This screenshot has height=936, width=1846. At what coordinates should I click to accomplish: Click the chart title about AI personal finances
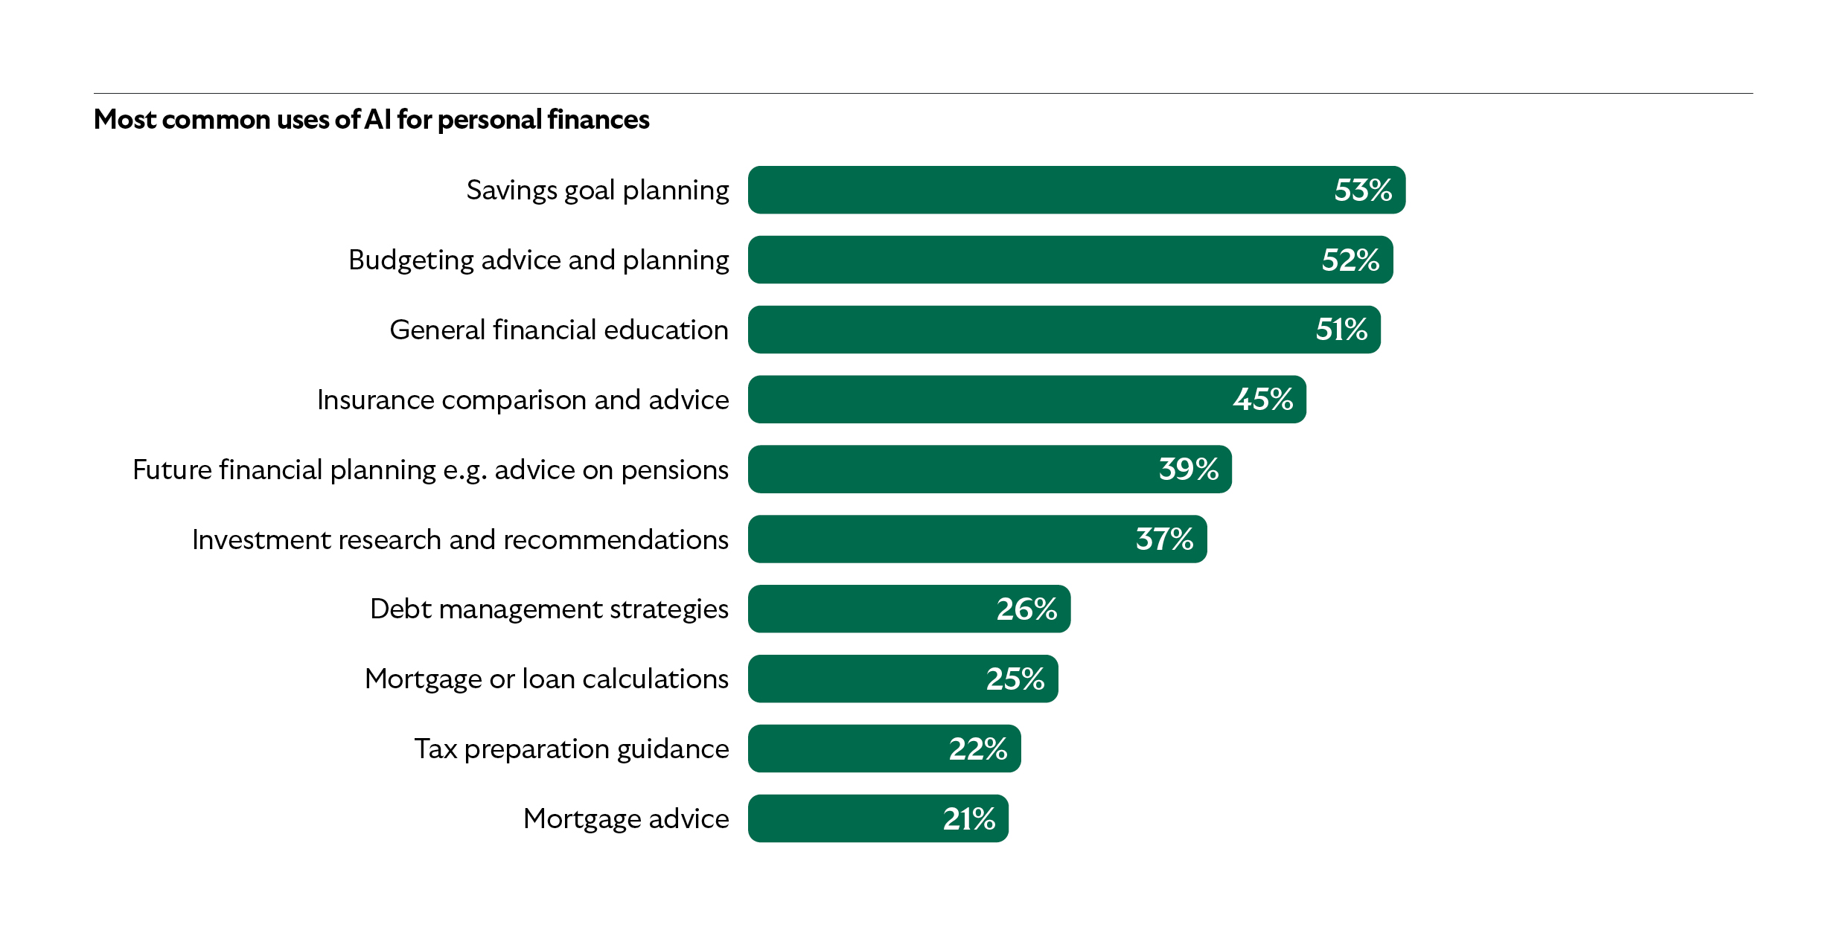pyautogui.click(x=371, y=120)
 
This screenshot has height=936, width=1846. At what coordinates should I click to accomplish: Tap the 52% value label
pyautogui.click(x=1350, y=260)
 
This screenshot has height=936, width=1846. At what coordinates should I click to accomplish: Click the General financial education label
pyautogui.click(x=559, y=330)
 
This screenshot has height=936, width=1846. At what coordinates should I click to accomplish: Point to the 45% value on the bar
pyautogui.click(x=1262, y=400)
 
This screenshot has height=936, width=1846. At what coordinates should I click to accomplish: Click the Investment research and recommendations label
pyautogui.click(x=460, y=539)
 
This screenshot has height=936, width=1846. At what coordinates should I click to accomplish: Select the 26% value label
pyautogui.click(x=1026, y=609)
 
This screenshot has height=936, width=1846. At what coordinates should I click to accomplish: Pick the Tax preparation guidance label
pyautogui.click(x=571, y=749)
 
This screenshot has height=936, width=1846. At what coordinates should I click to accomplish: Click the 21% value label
pyautogui.click(x=968, y=818)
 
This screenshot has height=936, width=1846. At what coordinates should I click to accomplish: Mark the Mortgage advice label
pyautogui.click(x=626, y=818)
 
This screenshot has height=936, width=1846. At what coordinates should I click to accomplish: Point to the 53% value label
pyautogui.click(x=1362, y=190)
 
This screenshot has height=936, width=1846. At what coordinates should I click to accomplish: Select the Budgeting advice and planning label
pyautogui.click(x=538, y=260)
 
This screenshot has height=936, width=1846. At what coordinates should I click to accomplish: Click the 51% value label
pyautogui.click(x=1341, y=330)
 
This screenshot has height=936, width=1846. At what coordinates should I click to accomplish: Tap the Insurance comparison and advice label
pyautogui.click(x=523, y=400)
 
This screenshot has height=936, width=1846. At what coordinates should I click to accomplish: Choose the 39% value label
pyautogui.click(x=1188, y=469)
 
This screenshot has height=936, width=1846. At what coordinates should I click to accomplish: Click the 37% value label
pyautogui.click(x=1164, y=539)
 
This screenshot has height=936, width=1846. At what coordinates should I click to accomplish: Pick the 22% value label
pyautogui.click(x=977, y=749)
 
